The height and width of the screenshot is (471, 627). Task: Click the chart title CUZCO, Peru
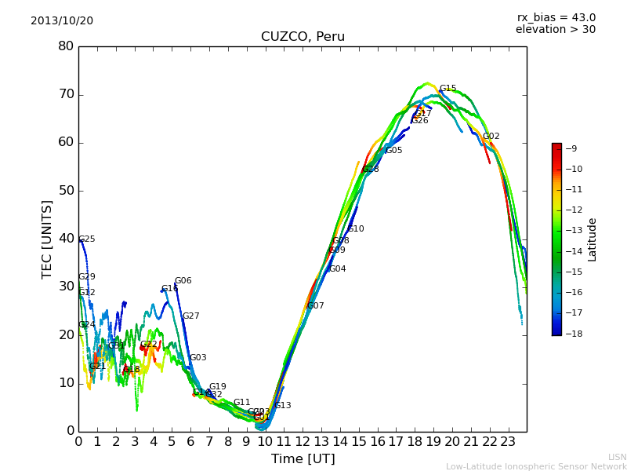[303, 37]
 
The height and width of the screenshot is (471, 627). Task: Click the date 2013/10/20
[62, 20]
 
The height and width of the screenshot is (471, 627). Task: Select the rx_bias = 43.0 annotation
[556, 17]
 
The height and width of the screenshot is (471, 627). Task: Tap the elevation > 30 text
[555, 30]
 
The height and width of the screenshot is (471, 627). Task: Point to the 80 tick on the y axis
[66, 46]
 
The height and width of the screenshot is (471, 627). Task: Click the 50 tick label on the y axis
[66, 191]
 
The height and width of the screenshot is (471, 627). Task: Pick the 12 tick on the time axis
[303, 441]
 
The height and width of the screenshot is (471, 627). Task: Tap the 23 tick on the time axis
[508, 441]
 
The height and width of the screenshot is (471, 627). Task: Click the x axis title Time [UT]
[303, 458]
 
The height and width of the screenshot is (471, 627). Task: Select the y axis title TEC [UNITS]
[47, 239]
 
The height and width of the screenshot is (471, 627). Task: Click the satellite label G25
[87, 239]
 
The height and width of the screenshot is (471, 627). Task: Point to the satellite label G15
[448, 89]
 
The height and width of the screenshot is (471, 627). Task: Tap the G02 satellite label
[491, 137]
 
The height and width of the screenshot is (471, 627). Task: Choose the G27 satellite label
[190, 316]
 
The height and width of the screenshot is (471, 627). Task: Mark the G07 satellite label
[315, 306]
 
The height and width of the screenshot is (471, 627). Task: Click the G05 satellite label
[393, 151]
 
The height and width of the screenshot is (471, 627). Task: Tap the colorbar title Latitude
[593, 239]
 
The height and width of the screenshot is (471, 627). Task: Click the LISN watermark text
[617, 457]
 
